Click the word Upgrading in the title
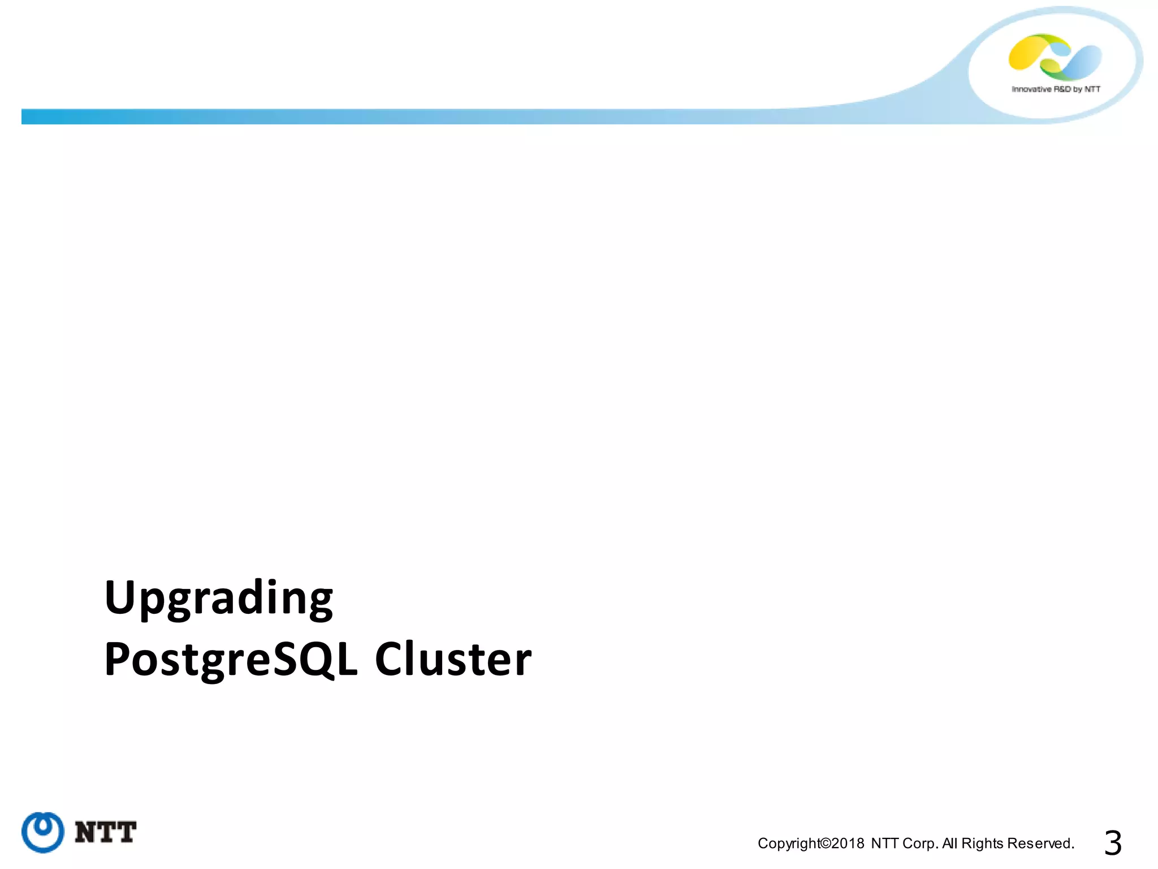click(219, 599)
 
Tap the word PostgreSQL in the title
click(231, 660)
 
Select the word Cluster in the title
click(453, 660)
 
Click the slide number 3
click(1112, 843)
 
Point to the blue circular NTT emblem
click(43, 832)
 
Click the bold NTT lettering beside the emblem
click(105, 832)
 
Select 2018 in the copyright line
click(848, 844)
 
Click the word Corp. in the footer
click(921, 844)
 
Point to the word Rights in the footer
click(982, 844)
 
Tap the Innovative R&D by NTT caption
click(1056, 89)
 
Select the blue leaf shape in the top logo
click(1081, 62)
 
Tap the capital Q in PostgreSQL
click(317, 660)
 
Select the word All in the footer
click(950, 844)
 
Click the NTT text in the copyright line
click(885, 844)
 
